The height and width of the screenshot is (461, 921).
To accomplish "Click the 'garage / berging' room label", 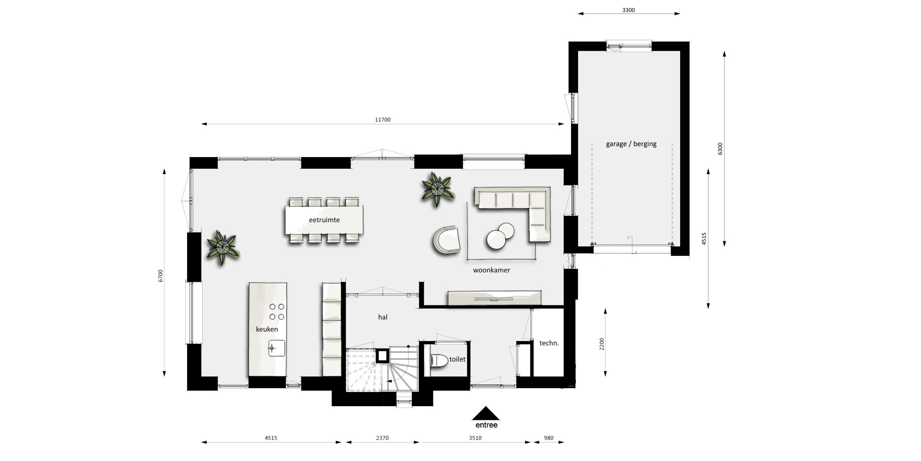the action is [x=631, y=144].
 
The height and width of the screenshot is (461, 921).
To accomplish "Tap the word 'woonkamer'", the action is [x=491, y=270].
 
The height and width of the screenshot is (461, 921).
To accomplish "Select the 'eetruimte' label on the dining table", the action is [x=324, y=220].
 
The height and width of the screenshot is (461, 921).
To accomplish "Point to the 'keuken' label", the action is [x=267, y=329].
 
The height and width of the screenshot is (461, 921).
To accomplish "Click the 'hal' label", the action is [x=383, y=317].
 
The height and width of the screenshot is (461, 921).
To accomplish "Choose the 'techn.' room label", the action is [x=549, y=343].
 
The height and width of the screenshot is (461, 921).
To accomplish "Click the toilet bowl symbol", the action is [x=439, y=361].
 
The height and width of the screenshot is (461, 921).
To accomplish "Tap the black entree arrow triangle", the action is [x=486, y=413].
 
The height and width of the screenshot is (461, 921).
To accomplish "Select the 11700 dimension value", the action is [x=383, y=120].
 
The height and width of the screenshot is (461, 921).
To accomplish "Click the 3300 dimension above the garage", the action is [x=628, y=10].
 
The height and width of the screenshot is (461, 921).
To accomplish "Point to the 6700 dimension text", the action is [x=161, y=276].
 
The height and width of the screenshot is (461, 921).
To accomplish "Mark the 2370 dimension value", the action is [x=382, y=438].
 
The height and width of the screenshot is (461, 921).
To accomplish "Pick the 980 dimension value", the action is [x=548, y=438].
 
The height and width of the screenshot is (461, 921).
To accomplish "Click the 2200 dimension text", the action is [x=602, y=344].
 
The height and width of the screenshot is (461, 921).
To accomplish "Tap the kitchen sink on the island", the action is [x=276, y=348].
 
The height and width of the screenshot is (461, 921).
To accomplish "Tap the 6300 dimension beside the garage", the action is [x=720, y=148].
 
